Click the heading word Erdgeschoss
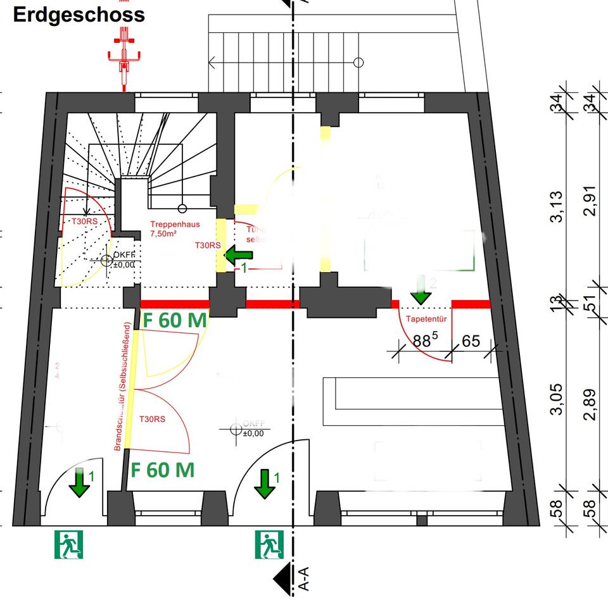[x=79, y=15]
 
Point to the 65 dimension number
[x=471, y=342]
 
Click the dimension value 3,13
[x=557, y=207]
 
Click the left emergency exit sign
[x=68, y=545]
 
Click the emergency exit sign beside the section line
[x=269, y=545]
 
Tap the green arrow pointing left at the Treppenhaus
[x=239, y=256]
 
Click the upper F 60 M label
[x=174, y=320]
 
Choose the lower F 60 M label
[x=162, y=470]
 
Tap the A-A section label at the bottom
[x=303, y=582]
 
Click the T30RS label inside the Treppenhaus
[x=208, y=246]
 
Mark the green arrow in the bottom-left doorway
[x=79, y=482]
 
